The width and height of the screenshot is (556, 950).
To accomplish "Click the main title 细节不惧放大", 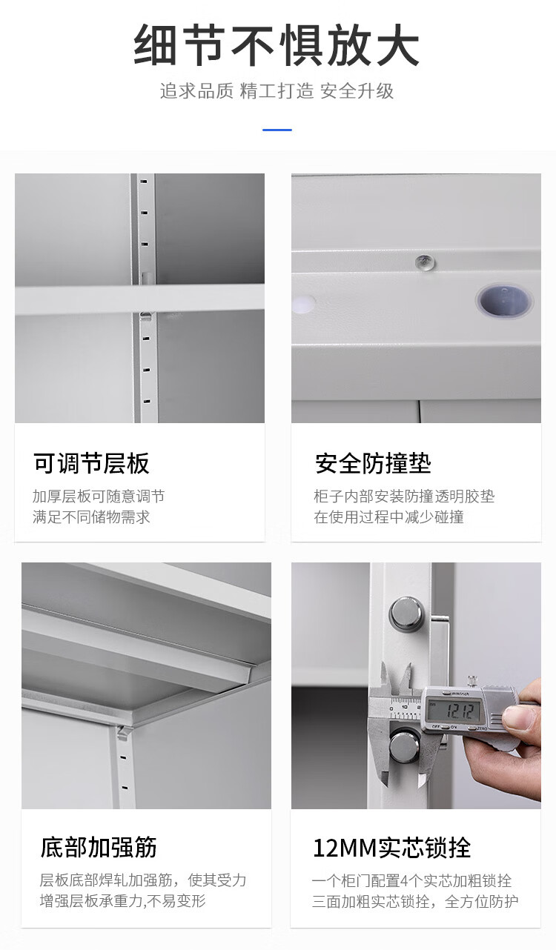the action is (277, 45).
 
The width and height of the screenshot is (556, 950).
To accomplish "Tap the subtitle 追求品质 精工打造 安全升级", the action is (277, 91).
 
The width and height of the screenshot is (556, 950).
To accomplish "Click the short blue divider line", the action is (277, 130).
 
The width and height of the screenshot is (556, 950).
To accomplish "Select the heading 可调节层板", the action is (91, 463).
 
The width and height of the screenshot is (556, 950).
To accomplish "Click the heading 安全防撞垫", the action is (373, 463).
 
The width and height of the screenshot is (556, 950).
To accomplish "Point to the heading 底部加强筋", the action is (99, 847).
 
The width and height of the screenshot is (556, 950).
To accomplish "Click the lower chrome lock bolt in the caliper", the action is (405, 745).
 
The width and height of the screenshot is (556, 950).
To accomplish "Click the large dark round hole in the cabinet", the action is (504, 301).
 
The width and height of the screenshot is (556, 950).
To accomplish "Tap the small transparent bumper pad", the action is (426, 262).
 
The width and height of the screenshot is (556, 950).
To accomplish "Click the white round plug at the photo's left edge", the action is (303, 304).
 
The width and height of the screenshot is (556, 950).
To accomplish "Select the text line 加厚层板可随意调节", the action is (99, 496).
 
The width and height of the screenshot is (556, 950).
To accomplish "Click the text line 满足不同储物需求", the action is (91, 517).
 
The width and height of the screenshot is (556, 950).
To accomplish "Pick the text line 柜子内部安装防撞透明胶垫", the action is (404, 496).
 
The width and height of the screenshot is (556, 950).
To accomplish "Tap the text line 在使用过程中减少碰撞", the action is (388, 517).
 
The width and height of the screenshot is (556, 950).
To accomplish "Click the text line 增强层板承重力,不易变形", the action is (122, 901).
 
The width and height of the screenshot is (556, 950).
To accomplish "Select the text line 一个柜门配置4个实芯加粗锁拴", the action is (411, 880).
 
